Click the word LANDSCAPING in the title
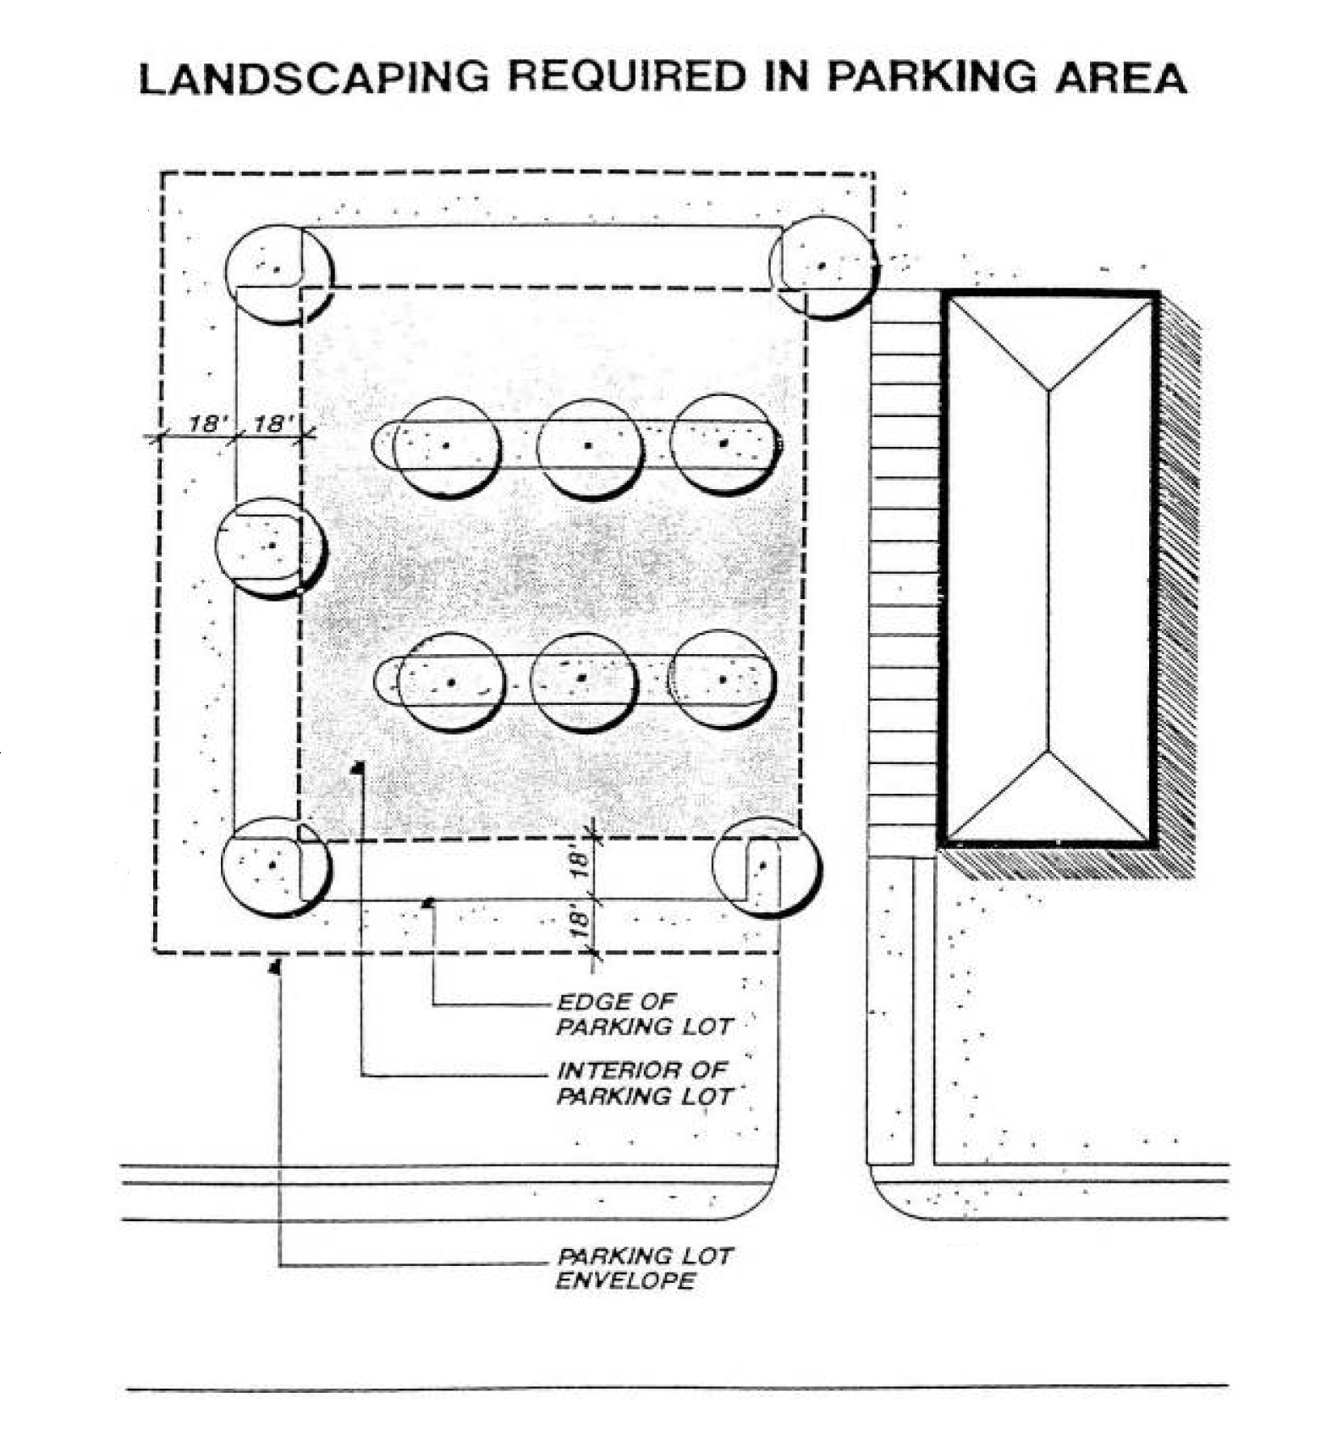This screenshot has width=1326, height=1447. pos(314,78)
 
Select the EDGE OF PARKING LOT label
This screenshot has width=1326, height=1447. pos(643,1014)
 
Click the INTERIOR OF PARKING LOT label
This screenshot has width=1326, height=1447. pos(643,1083)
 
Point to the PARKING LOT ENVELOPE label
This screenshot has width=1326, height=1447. pos(643,1267)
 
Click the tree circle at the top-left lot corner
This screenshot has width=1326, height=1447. pos(279,273)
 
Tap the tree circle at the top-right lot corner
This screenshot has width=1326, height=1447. pos(822,267)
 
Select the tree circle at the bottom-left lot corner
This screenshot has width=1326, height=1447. pos(275,865)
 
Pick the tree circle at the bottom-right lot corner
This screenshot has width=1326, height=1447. pos(765,867)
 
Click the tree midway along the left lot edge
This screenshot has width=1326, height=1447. pos(270,547)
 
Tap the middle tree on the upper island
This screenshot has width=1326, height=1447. pos(589,446)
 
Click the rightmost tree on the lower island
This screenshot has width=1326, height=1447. pos(723,679)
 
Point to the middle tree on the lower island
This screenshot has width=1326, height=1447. pos(583,679)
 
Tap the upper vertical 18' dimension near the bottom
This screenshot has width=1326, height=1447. pos(579,863)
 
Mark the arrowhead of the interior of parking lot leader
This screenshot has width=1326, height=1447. pos(359,768)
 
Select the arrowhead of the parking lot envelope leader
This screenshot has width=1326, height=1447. pos(275,966)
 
